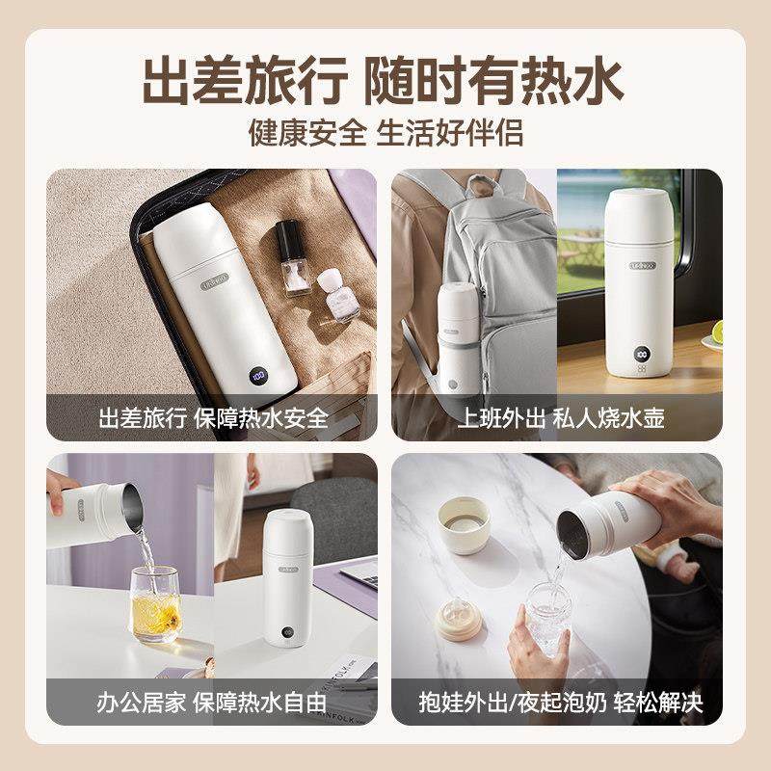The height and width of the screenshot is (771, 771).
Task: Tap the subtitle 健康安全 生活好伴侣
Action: click(385, 132)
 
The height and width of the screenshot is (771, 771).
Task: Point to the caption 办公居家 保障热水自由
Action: click(213, 702)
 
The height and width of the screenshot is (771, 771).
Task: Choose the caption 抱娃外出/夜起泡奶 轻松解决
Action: click(556, 702)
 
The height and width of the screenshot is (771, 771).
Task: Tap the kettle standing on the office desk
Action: click(287, 578)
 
